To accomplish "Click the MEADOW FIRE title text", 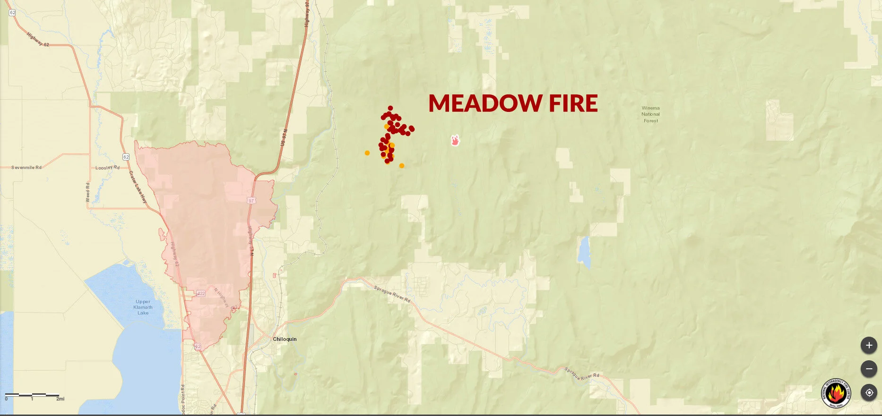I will (x=513, y=103).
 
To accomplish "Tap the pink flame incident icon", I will (x=455, y=140).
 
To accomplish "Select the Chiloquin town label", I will (x=285, y=339).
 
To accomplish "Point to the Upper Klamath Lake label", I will (x=143, y=307).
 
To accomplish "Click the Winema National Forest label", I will (x=650, y=114).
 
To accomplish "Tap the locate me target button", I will (x=869, y=392).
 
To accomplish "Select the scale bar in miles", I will (x=32, y=395).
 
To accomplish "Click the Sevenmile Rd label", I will (x=26, y=168).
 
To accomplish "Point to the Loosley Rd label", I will (x=107, y=168).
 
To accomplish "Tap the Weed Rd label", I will (x=87, y=192).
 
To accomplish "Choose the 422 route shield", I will (x=201, y=293).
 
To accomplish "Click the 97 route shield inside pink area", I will (x=251, y=201).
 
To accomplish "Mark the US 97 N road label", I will (x=284, y=137).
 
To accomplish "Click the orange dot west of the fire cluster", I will (x=367, y=153).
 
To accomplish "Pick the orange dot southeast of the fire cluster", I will (x=402, y=166).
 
